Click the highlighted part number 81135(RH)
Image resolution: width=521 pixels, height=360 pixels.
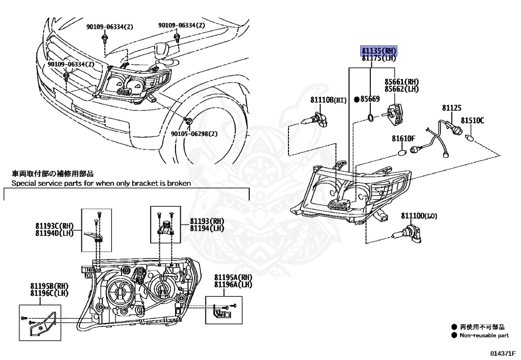point(379,51)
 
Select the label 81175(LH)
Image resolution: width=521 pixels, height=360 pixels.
point(379,59)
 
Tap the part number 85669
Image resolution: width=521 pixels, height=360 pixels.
point(370,99)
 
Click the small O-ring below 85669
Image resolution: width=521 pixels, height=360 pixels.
point(372,119)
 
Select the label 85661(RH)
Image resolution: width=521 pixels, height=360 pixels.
point(401,81)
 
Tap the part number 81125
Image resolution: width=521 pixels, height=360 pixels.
point(451,108)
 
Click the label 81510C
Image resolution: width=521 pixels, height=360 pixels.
point(472,121)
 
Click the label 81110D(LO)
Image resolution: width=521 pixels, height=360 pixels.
point(419,216)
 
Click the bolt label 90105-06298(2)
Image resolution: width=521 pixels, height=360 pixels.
point(194,133)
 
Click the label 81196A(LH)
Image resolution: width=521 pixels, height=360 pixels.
point(233,284)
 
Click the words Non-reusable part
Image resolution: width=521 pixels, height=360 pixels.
point(484,336)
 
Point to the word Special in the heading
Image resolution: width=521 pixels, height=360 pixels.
point(24,182)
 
